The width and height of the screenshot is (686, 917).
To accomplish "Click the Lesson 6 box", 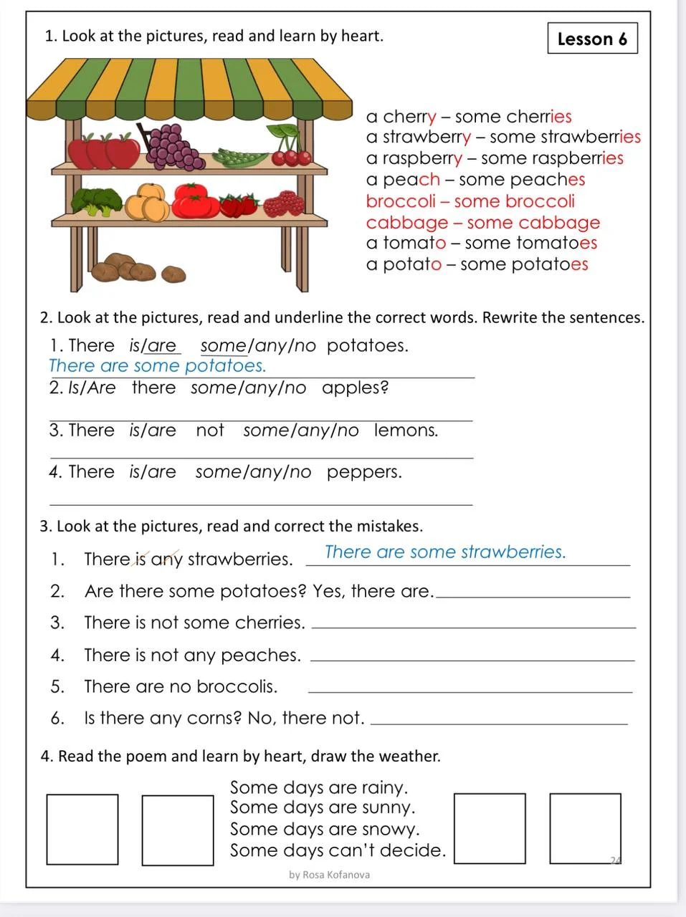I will pos(592,39).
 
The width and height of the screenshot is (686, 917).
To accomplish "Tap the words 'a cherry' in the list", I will pos(401,117).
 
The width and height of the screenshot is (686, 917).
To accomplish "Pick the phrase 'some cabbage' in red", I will pos(533,223).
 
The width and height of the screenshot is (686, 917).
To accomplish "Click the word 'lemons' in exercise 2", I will pos(406,431).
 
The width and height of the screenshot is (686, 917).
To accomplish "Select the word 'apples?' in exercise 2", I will pos(356,388).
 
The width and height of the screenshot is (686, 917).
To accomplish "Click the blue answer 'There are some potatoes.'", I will pos(157,366).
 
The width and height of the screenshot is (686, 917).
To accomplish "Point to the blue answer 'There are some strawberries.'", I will pos(445,552).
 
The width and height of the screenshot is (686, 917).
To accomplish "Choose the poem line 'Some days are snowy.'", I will pos(325,830).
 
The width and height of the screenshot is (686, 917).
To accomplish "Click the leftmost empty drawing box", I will pos(82,829).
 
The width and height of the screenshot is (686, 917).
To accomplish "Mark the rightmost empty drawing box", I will pos(585,828).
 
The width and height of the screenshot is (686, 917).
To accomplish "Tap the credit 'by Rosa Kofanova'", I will pos(330,875).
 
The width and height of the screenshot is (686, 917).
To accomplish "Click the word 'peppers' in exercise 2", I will pos(364,473).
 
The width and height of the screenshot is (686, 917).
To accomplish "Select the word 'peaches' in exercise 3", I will pos(260,656).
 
